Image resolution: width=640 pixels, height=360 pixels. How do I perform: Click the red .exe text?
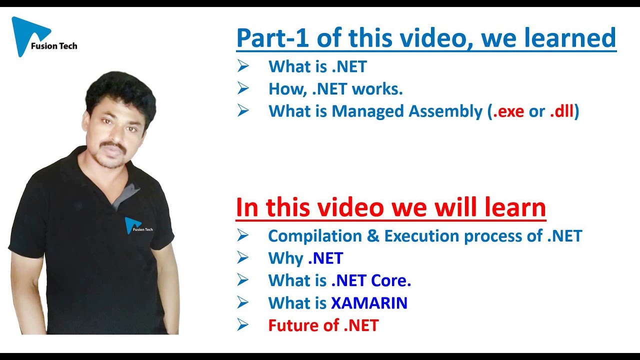(508, 111)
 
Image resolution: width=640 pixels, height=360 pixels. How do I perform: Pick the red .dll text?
(562, 111)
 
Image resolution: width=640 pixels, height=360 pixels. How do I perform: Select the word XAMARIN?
(369, 303)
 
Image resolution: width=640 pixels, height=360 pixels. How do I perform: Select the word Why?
(285, 258)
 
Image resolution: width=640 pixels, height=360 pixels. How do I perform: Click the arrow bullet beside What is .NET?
(243, 66)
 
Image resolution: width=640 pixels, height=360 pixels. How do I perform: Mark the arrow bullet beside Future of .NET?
(243, 325)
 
